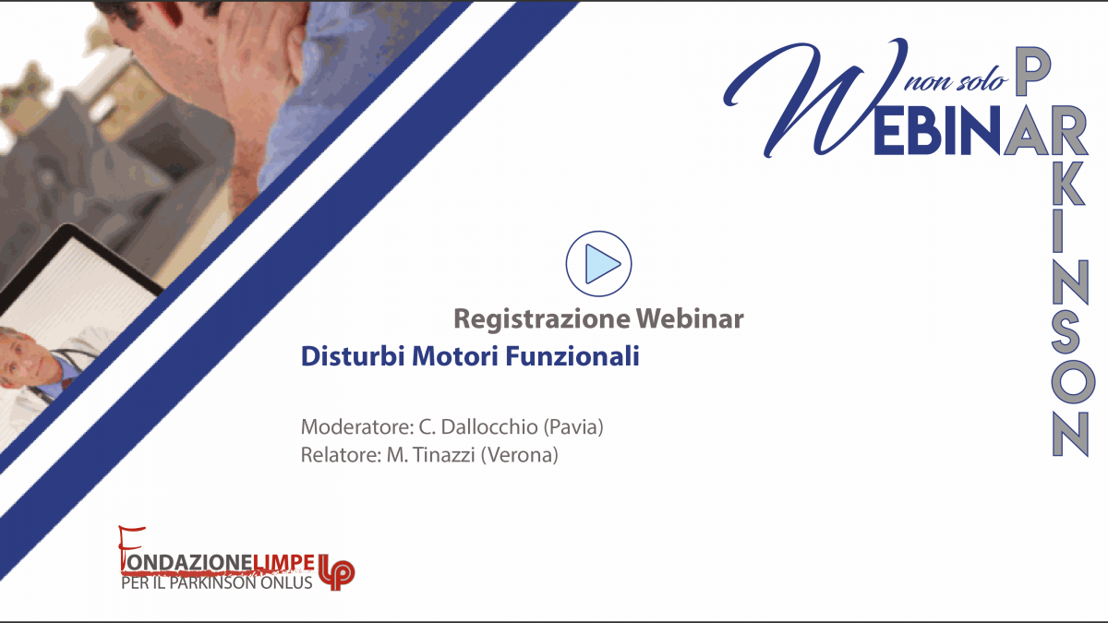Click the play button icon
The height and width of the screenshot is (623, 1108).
tap(598, 264)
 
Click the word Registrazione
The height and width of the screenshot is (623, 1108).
tap(542, 319)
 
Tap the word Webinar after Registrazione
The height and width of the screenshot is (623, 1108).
tap(690, 318)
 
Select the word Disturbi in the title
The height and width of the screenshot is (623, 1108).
tap(353, 356)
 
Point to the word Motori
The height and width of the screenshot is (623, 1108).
tap(454, 356)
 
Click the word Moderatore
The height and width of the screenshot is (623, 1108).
tap(357, 426)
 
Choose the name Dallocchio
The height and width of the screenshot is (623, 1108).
tap(488, 426)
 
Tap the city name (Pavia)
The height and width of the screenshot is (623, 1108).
tap(573, 427)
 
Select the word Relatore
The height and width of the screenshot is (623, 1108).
tap(341, 455)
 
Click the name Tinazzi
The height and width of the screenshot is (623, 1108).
tap(444, 455)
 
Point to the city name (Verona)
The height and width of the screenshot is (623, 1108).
tap(519, 455)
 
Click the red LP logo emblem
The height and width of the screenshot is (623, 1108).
tap(336, 572)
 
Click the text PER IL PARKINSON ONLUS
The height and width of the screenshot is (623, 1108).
tap(217, 583)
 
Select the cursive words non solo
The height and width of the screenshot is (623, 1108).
tap(957, 81)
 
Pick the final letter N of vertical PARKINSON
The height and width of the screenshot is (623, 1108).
tap(1071, 434)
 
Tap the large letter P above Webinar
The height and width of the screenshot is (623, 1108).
tap(1033, 73)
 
